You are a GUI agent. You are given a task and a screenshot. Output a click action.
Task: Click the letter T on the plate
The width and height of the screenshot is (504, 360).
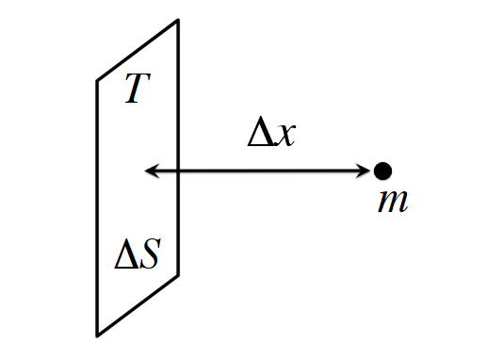tap(138, 88)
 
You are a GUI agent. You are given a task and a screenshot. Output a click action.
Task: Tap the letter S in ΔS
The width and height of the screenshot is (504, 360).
tap(150, 254)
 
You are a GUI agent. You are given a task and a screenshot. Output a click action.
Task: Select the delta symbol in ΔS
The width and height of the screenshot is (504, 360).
tap(126, 254)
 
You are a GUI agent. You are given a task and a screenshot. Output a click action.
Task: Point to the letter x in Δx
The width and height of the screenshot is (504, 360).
tap(286, 136)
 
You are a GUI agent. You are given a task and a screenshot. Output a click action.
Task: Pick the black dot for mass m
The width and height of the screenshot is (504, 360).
tap(382, 171)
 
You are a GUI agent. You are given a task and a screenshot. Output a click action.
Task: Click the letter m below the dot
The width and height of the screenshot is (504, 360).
tap(393, 202)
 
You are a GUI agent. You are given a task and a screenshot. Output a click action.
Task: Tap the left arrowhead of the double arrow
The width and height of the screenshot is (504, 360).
tap(152, 171)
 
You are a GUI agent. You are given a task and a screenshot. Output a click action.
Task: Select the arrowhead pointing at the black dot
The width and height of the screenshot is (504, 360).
tap(364, 171)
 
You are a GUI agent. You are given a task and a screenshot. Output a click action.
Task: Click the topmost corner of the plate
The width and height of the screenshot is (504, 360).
tap(178, 20)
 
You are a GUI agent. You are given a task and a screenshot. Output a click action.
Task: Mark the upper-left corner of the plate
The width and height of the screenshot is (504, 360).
tap(97, 81)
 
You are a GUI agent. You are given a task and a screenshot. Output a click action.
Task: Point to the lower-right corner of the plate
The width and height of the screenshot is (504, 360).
tap(178, 275)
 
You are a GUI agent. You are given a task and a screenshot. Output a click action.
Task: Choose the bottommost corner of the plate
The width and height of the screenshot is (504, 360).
tap(97, 335)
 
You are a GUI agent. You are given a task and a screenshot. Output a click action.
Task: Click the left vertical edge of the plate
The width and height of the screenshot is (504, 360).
tap(97, 208)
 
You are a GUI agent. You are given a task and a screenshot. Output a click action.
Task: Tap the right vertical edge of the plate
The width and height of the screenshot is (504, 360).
tap(178, 148)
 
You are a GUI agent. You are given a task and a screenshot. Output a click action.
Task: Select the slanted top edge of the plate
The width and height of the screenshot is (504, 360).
tap(138, 51)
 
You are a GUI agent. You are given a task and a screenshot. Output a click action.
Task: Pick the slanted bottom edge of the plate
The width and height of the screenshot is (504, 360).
tap(138, 305)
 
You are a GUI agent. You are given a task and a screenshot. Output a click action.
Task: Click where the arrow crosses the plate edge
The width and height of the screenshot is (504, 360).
tap(178, 171)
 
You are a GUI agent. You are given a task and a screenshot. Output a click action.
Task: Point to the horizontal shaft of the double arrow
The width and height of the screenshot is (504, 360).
tap(258, 171)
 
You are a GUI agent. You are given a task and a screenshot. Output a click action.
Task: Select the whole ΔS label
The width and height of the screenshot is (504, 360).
tap(138, 254)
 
